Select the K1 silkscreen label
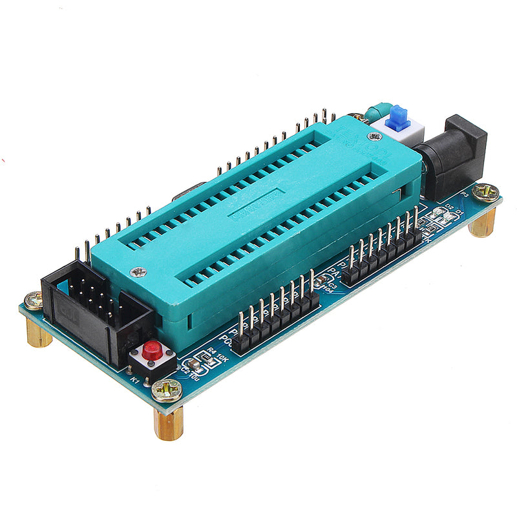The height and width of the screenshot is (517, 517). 135,381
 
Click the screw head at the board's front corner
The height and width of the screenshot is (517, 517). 167,389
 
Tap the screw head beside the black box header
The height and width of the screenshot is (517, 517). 34,300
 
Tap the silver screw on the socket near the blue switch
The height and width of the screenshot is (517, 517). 374,136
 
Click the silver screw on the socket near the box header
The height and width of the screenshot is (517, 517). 138,273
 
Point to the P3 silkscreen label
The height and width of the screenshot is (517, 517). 463,194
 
